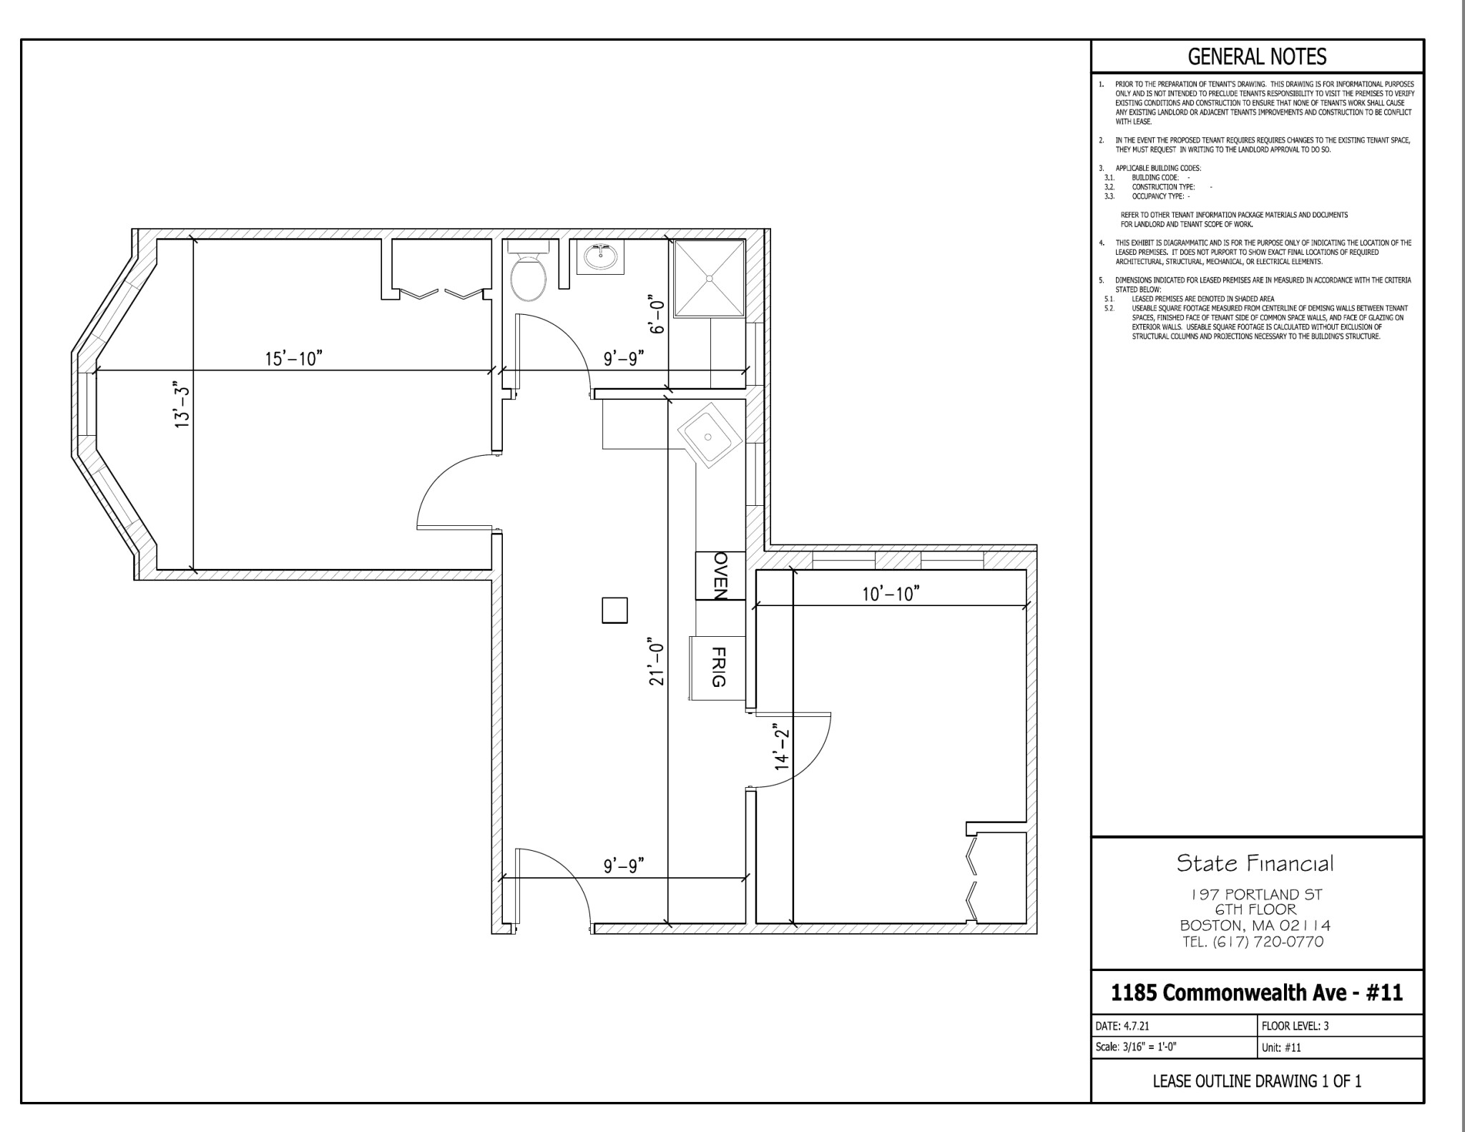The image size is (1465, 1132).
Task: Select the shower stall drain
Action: [x=709, y=278]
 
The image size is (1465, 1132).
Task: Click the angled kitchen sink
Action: [x=707, y=436]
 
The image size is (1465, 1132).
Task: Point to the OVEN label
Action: [x=720, y=575]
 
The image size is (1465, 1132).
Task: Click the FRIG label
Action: [x=719, y=667]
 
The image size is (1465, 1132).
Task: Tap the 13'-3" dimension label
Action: [x=182, y=406]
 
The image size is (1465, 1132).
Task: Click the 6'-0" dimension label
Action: [x=657, y=313]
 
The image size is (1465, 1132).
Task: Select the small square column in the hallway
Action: [x=614, y=610]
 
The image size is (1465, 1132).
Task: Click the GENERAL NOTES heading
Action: [x=1257, y=57]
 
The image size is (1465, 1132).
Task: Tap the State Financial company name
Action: [x=1255, y=864]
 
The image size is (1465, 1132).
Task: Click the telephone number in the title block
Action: [x=1253, y=942]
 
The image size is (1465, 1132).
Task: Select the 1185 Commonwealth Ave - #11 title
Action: [x=1257, y=992]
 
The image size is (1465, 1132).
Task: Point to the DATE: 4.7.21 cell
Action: [x=1175, y=1025]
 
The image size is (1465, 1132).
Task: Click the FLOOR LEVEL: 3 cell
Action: [x=1341, y=1025]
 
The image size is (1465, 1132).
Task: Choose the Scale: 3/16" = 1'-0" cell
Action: [x=1175, y=1047]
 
